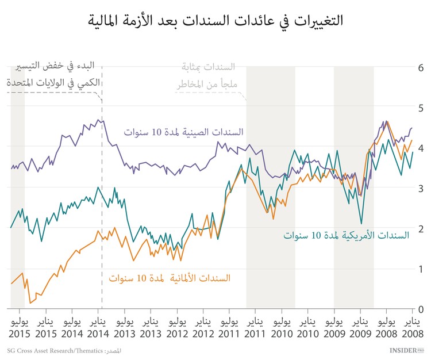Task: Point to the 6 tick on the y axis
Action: point(420,68)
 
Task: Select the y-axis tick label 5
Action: point(420,108)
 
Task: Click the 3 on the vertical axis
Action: point(420,189)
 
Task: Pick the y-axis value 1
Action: point(420,269)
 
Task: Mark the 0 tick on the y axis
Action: point(420,309)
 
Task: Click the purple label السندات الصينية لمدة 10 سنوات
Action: point(183,132)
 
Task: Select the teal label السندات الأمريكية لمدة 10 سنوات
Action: point(347,235)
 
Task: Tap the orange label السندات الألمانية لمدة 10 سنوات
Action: point(170,278)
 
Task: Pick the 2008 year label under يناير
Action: point(411,334)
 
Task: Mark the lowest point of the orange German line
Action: point(30,303)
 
